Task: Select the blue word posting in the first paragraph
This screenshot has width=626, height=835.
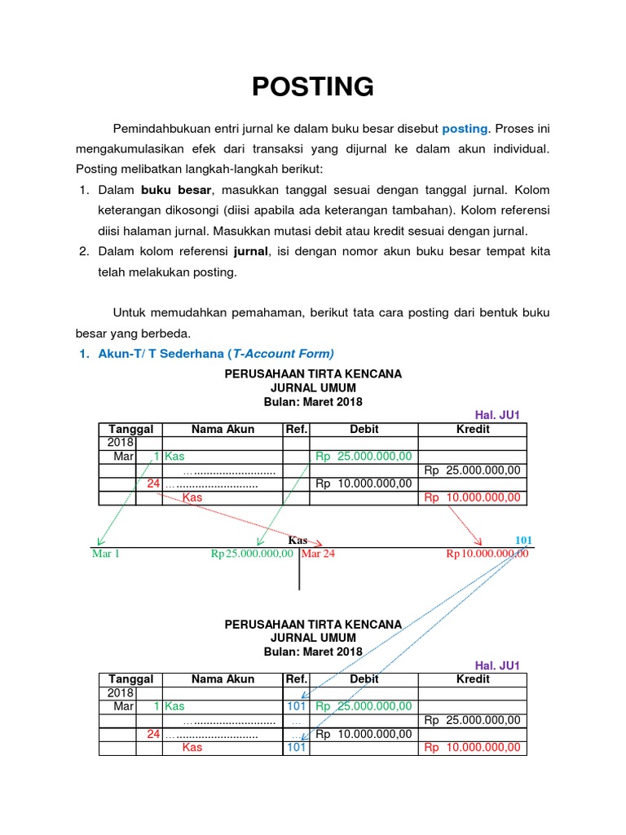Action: click(465, 129)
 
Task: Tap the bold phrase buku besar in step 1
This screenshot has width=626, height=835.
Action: click(176, 190)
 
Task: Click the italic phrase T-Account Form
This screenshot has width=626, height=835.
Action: click(281, 353)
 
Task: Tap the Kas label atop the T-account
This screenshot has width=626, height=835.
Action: click(298, 540)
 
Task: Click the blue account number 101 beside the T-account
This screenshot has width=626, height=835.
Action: click(523, 540)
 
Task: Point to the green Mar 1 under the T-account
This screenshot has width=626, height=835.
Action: click(106, 554)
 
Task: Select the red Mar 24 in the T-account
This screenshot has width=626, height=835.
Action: click(319, 554)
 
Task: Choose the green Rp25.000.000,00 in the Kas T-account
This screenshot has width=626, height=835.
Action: click(252, 554)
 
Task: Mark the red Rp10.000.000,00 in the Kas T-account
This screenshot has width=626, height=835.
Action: click(487, 554)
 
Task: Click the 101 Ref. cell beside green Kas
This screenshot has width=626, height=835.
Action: click(296, 706)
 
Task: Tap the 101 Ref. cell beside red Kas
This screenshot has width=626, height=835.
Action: click(296, 748)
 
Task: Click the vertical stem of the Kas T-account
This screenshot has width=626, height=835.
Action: click(299, 571)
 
